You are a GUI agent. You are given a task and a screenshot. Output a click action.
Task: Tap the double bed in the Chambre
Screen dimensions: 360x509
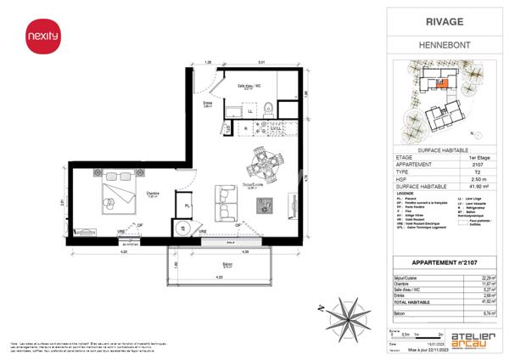114,194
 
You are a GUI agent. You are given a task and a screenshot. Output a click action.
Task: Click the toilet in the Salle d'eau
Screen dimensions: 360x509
268,107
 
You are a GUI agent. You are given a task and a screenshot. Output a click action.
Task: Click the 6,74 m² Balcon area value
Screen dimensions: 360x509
488,313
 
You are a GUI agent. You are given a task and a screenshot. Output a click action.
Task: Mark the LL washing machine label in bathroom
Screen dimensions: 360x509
249,110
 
